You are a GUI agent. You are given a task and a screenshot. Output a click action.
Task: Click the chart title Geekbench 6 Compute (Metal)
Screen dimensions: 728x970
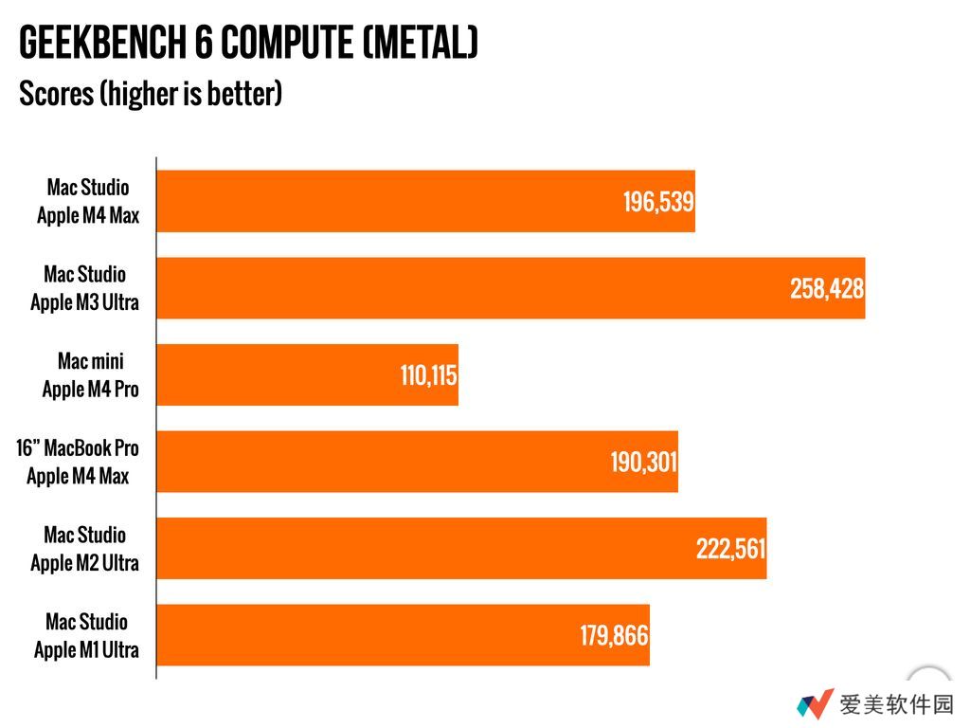click(248, 44)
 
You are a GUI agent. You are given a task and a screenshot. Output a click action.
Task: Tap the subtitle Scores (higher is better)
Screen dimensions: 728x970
click(151, 95)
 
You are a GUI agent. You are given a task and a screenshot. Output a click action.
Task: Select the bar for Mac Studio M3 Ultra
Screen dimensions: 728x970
click(474, 288)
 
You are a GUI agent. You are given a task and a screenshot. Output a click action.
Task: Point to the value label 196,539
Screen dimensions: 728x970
click(658, 202)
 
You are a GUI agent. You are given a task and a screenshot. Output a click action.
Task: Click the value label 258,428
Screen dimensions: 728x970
click(827, 289)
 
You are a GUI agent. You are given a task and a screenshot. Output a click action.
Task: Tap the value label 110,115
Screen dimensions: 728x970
click(428, 376)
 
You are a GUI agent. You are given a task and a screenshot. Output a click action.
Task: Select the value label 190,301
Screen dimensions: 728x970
click(643, 463)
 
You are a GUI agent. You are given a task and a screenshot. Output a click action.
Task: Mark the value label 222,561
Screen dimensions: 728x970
click(730, 549)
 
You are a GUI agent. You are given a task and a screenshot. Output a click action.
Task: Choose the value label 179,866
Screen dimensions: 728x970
click(614, 636)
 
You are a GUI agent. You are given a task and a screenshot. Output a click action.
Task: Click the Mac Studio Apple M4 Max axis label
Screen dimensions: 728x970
click(88, 202)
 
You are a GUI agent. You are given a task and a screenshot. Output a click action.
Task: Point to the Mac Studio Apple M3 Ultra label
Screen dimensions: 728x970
click(85, 288)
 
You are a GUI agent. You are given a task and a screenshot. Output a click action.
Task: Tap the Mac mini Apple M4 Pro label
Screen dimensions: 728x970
click(91, 375)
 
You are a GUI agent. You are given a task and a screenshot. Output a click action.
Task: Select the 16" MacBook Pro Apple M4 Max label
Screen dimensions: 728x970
click(78, 462)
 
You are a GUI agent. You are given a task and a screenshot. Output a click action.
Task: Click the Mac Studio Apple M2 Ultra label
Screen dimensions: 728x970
click(85, 549)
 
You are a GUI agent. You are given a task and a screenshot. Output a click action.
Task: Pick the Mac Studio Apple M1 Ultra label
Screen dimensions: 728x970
click(86, 636)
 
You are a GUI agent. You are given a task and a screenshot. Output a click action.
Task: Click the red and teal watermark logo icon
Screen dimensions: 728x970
click(814, 704)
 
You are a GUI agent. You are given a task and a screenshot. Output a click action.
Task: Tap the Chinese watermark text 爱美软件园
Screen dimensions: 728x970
click(895, 704)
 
